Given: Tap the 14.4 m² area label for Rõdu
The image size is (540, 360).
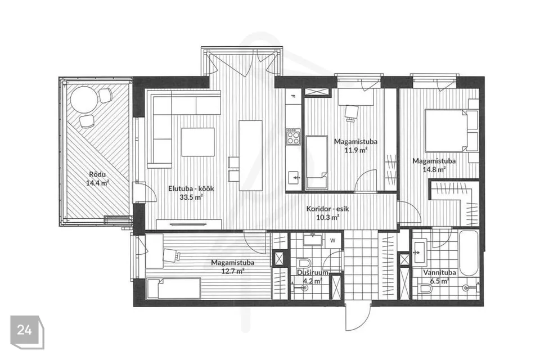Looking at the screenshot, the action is pos(97,183).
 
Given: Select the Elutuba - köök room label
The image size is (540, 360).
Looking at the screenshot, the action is pos(191,188).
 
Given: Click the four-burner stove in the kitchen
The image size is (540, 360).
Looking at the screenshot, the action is pos(293,137).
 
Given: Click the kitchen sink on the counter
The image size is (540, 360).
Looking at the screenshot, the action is pos(294,178).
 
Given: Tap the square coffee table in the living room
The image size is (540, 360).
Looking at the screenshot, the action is pos(198,142).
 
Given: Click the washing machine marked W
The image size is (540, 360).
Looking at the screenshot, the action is pos(332,240).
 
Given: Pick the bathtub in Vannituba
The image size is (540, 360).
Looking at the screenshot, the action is pos(469,253).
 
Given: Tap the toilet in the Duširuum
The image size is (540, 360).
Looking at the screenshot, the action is pos(304,263).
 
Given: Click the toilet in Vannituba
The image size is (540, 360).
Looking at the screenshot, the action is pos(426,289).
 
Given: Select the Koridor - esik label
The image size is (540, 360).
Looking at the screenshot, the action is pos(327,209).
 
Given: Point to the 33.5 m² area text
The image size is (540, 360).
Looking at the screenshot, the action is pos(191,197).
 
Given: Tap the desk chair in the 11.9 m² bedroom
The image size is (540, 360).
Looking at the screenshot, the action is pos(351,112).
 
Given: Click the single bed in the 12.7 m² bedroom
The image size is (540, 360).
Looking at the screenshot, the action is pos(173,288).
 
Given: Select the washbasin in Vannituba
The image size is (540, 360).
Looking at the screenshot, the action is pos(420,252).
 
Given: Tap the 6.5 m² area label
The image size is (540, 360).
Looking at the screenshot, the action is pos(436,281).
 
